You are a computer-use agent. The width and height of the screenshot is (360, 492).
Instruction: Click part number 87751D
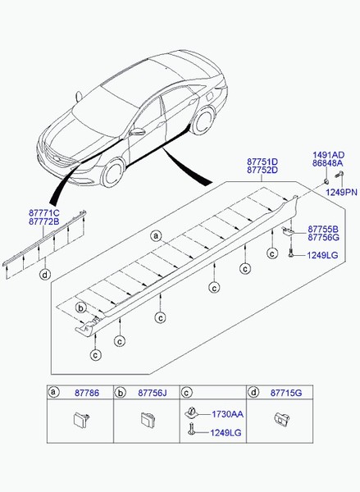point(262,162)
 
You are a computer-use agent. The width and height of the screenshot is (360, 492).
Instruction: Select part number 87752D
point(262,171)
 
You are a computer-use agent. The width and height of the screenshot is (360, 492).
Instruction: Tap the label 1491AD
point(327,154)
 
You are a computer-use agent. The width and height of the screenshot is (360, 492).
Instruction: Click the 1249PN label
point(342,191)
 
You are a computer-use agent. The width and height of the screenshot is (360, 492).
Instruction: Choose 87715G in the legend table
point(286,394)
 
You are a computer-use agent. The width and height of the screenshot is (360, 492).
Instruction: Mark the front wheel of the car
point(112,173)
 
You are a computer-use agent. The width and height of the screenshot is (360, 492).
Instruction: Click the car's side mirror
point(137,131)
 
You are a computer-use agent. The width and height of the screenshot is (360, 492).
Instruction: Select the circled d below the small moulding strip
point(46,274)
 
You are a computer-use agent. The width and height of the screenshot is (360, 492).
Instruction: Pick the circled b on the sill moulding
point(81,307)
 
